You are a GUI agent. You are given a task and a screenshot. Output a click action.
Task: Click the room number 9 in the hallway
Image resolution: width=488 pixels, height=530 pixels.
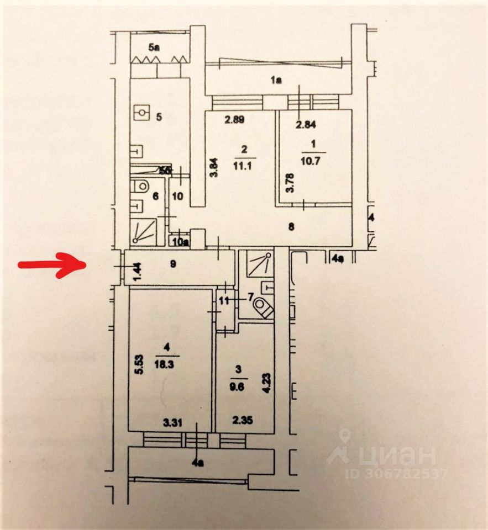173,264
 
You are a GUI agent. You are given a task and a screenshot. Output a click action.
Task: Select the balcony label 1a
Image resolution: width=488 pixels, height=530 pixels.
276,81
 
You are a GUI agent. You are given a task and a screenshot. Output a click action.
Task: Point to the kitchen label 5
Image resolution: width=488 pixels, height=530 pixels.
159,116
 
